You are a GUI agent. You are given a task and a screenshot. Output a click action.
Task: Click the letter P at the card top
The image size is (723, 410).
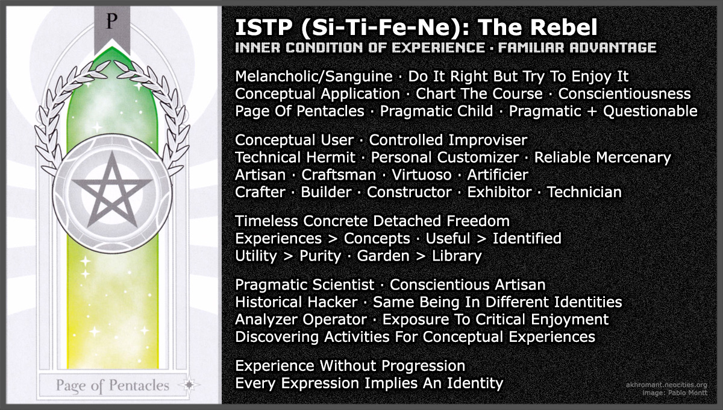click(x=110, y=22)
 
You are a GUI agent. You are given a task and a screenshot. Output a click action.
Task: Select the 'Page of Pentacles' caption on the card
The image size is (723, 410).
click(x=113, y=385)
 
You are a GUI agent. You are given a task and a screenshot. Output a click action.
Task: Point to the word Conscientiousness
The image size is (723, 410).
click(x=624, y=94)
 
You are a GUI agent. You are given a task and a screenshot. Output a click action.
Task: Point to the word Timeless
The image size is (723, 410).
click(x=264, y=221)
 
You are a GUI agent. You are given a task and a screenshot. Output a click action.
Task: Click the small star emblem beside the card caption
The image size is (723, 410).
click(x=191, y=384)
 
